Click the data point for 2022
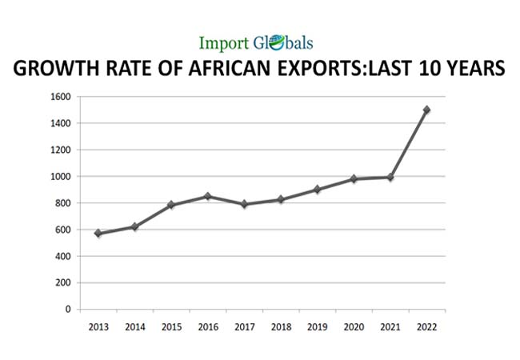[x=426, y=110]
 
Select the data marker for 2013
[x=98, y=234]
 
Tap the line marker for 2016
[x=207, y=196]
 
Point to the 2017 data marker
[x=244, y=204]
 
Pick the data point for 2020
[x=354, y=179]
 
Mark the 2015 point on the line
[x=171, y=206]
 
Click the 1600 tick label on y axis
[x=60, y=97]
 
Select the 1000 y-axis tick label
[x=60, y=177]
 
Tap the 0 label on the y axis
[x=68, y=310]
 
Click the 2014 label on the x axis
[x=134, y=327]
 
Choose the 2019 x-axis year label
[x=317, y=327]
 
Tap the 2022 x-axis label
[x=426, y=327]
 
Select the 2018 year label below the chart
[x=280, y=327]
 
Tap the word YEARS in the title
[x=470, y=70]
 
